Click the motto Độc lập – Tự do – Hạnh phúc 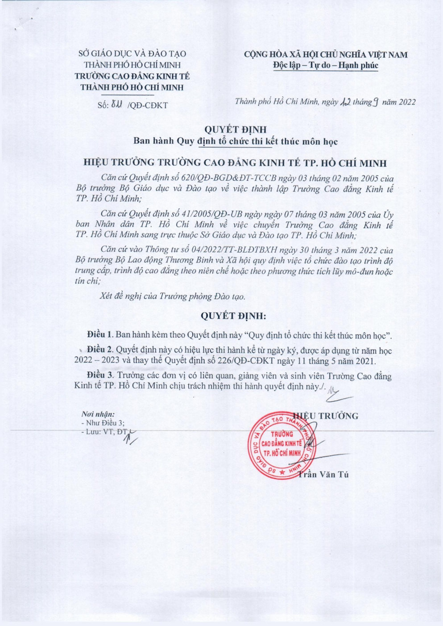[x=325, y=66]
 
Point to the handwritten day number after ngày [x=345, y=102]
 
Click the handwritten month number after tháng [x=376, y=102]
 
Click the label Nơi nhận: [x=98, y=414]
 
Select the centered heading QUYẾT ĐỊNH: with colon [x=233, y=316]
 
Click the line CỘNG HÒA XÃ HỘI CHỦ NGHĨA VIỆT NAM [x=325, y=54]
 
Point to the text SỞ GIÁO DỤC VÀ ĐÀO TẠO [x=132, y=54]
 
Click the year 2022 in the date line [x=407, y=102]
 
